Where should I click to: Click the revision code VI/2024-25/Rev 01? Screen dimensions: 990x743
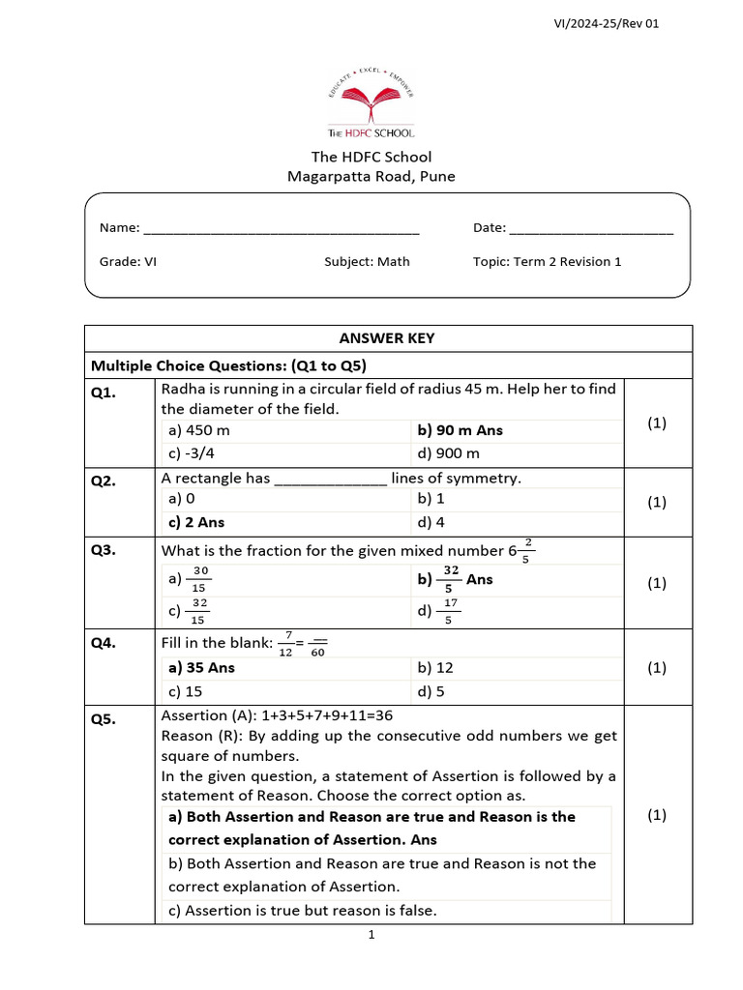[605, 23]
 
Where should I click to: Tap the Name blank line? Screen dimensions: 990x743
[281, 230]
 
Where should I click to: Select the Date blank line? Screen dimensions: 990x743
[590, 230]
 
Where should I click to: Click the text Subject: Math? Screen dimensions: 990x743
[367, 261]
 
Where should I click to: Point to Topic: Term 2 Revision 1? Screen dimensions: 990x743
[547, 261]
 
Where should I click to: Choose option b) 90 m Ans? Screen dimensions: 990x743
[461, 430]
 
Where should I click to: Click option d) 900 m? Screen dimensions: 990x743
[449, 453]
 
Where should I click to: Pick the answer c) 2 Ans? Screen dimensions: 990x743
[196, 522]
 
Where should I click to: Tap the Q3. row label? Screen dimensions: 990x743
[104, 550]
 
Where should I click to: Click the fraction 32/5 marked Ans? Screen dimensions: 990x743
[451, 579]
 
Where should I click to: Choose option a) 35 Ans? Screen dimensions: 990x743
[201, 667]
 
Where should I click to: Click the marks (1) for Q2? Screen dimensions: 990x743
[657, 502]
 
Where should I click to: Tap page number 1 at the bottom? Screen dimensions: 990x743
[371, 934]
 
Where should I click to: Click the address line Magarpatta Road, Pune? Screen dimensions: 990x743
[371, 176]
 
